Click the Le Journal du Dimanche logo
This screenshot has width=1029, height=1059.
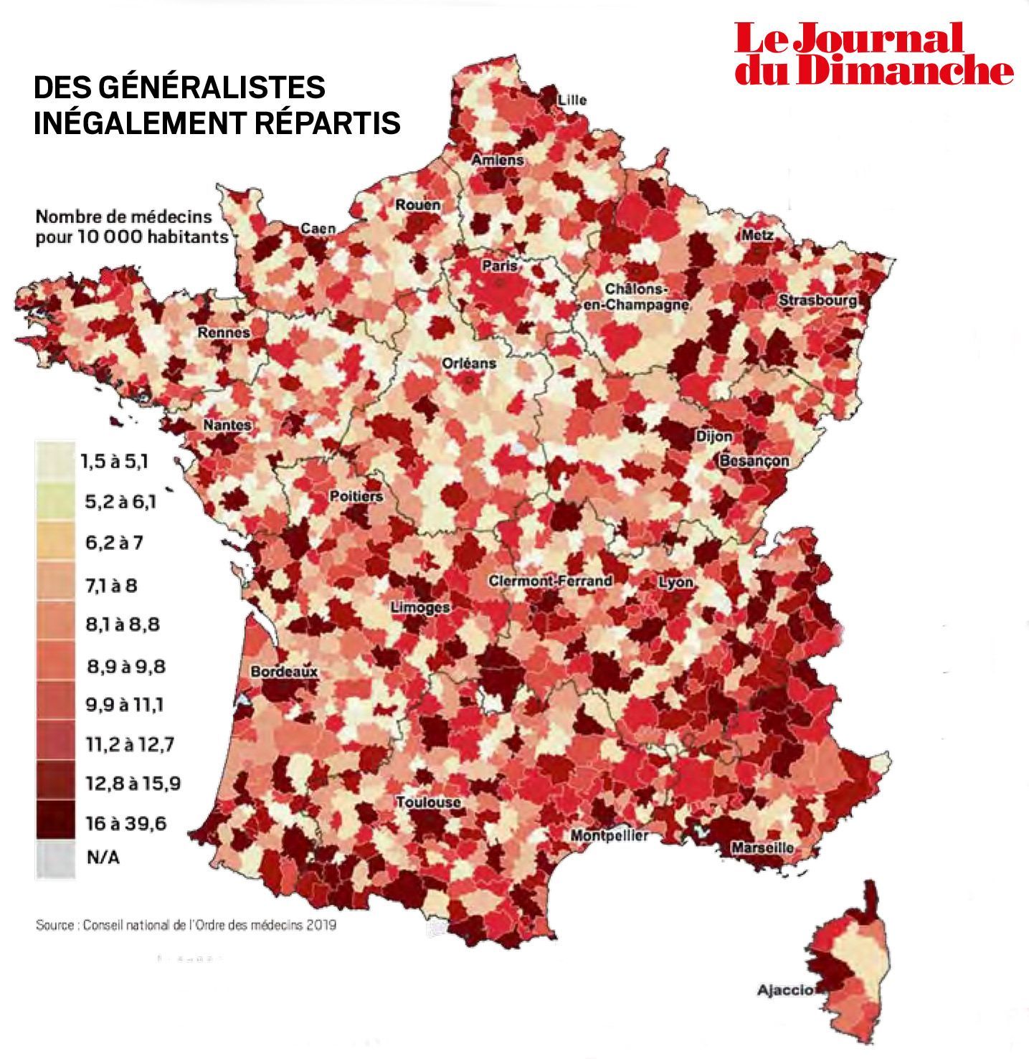click(x=873, y=54)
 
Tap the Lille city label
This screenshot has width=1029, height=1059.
click(x=572, y=100)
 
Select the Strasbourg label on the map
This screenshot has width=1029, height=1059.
click(x=818, y=301)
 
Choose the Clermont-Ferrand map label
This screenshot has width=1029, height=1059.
click(x=551, y=581)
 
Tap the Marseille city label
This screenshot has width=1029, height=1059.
click(x=762, y=847)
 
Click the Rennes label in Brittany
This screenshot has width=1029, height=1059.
click(x=224, y=333)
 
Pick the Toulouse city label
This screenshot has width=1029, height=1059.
click(x=428, y=802)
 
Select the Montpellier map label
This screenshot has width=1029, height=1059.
click(x=610, y=835)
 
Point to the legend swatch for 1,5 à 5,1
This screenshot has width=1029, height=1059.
click(x=55, y=460)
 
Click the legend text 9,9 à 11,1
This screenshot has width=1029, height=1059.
click(x=125, y=705)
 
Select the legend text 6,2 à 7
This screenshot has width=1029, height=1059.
click(x=114, y=542)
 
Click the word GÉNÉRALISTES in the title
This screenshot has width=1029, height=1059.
click(x=211, y=87)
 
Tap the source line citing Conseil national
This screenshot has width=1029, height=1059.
click(x=186, y=925)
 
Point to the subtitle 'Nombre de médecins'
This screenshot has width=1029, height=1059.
click(x=124, y=216)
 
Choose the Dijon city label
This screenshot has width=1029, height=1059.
click(x=713, y=436)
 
